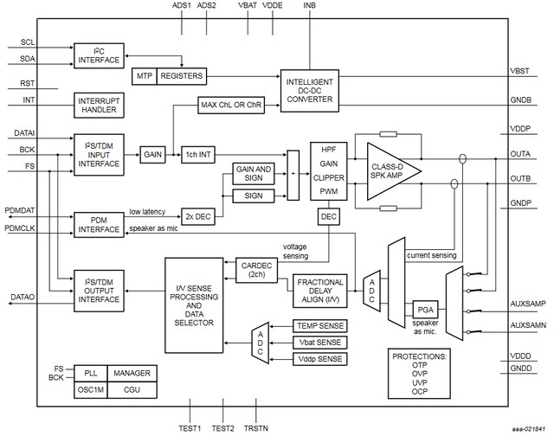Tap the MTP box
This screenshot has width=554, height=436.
point(144,76)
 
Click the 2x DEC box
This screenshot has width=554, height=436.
point(198,215)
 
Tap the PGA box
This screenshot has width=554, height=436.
point(424,310)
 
